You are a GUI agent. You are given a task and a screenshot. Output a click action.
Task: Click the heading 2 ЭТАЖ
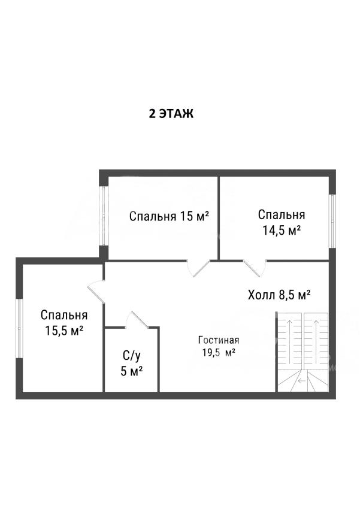[x=171, y=114]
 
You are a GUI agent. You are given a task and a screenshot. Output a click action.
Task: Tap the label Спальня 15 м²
[x=169, y=216]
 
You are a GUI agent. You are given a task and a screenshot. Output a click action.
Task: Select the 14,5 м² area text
[x=282, y=231]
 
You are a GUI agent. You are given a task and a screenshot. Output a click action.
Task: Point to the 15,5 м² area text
[x=64, y=331]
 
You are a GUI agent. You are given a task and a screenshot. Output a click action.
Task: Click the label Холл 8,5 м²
[x=280, y=295]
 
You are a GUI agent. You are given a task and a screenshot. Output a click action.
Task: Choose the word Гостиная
[x=219, y=340]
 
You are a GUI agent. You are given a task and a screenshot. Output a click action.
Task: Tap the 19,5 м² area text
[x=219, y=353]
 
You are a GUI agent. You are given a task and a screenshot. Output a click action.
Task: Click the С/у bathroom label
[x=132, y=356]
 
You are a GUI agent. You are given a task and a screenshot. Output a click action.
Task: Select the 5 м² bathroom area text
[x=132, y=371]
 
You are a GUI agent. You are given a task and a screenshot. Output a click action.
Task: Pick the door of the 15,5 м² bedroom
[x=96, y=292]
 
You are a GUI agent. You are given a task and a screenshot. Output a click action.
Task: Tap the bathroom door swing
[x=137, y=320]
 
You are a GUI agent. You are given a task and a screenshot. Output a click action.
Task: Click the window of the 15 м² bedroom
[x=103, y=216]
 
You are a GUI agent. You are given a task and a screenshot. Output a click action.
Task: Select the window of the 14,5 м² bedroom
[x=332, y=221]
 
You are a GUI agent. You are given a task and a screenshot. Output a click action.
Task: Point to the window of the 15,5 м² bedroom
[x=20, y=328]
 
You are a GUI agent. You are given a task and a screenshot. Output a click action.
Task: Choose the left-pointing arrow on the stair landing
[x=302, y=380]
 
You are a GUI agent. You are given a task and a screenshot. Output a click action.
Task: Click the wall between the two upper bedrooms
[x=219, y=218]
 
